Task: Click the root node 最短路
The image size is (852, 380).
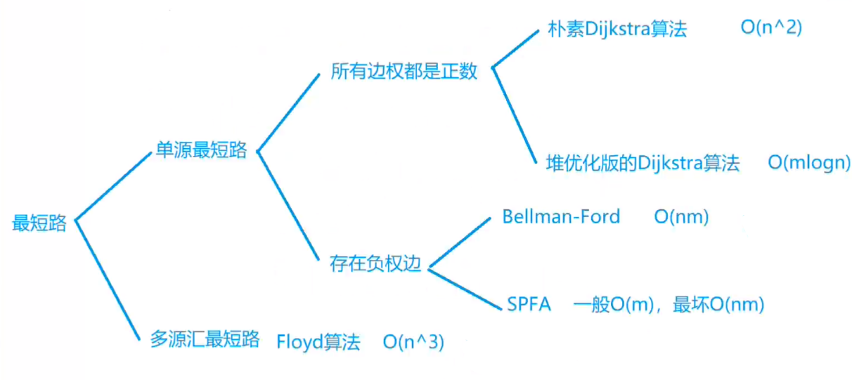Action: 39,223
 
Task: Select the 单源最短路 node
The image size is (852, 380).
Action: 201,150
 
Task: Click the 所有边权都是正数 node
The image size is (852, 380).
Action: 404,72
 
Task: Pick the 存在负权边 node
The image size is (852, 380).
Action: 375,264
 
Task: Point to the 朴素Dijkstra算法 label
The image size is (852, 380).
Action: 617,30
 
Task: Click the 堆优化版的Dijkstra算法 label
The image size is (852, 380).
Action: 643,164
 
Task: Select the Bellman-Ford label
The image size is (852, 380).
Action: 561,216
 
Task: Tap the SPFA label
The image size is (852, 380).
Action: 529,304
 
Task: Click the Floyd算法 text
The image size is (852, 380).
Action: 318,342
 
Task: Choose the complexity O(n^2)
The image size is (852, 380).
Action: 771,29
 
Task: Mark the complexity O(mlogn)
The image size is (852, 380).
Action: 808,164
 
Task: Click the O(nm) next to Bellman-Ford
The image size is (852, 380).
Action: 681,217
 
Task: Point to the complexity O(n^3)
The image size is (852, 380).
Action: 414,342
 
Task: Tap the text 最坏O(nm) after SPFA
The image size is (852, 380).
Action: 718,305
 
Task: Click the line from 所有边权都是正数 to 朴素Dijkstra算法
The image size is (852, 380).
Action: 517,48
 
